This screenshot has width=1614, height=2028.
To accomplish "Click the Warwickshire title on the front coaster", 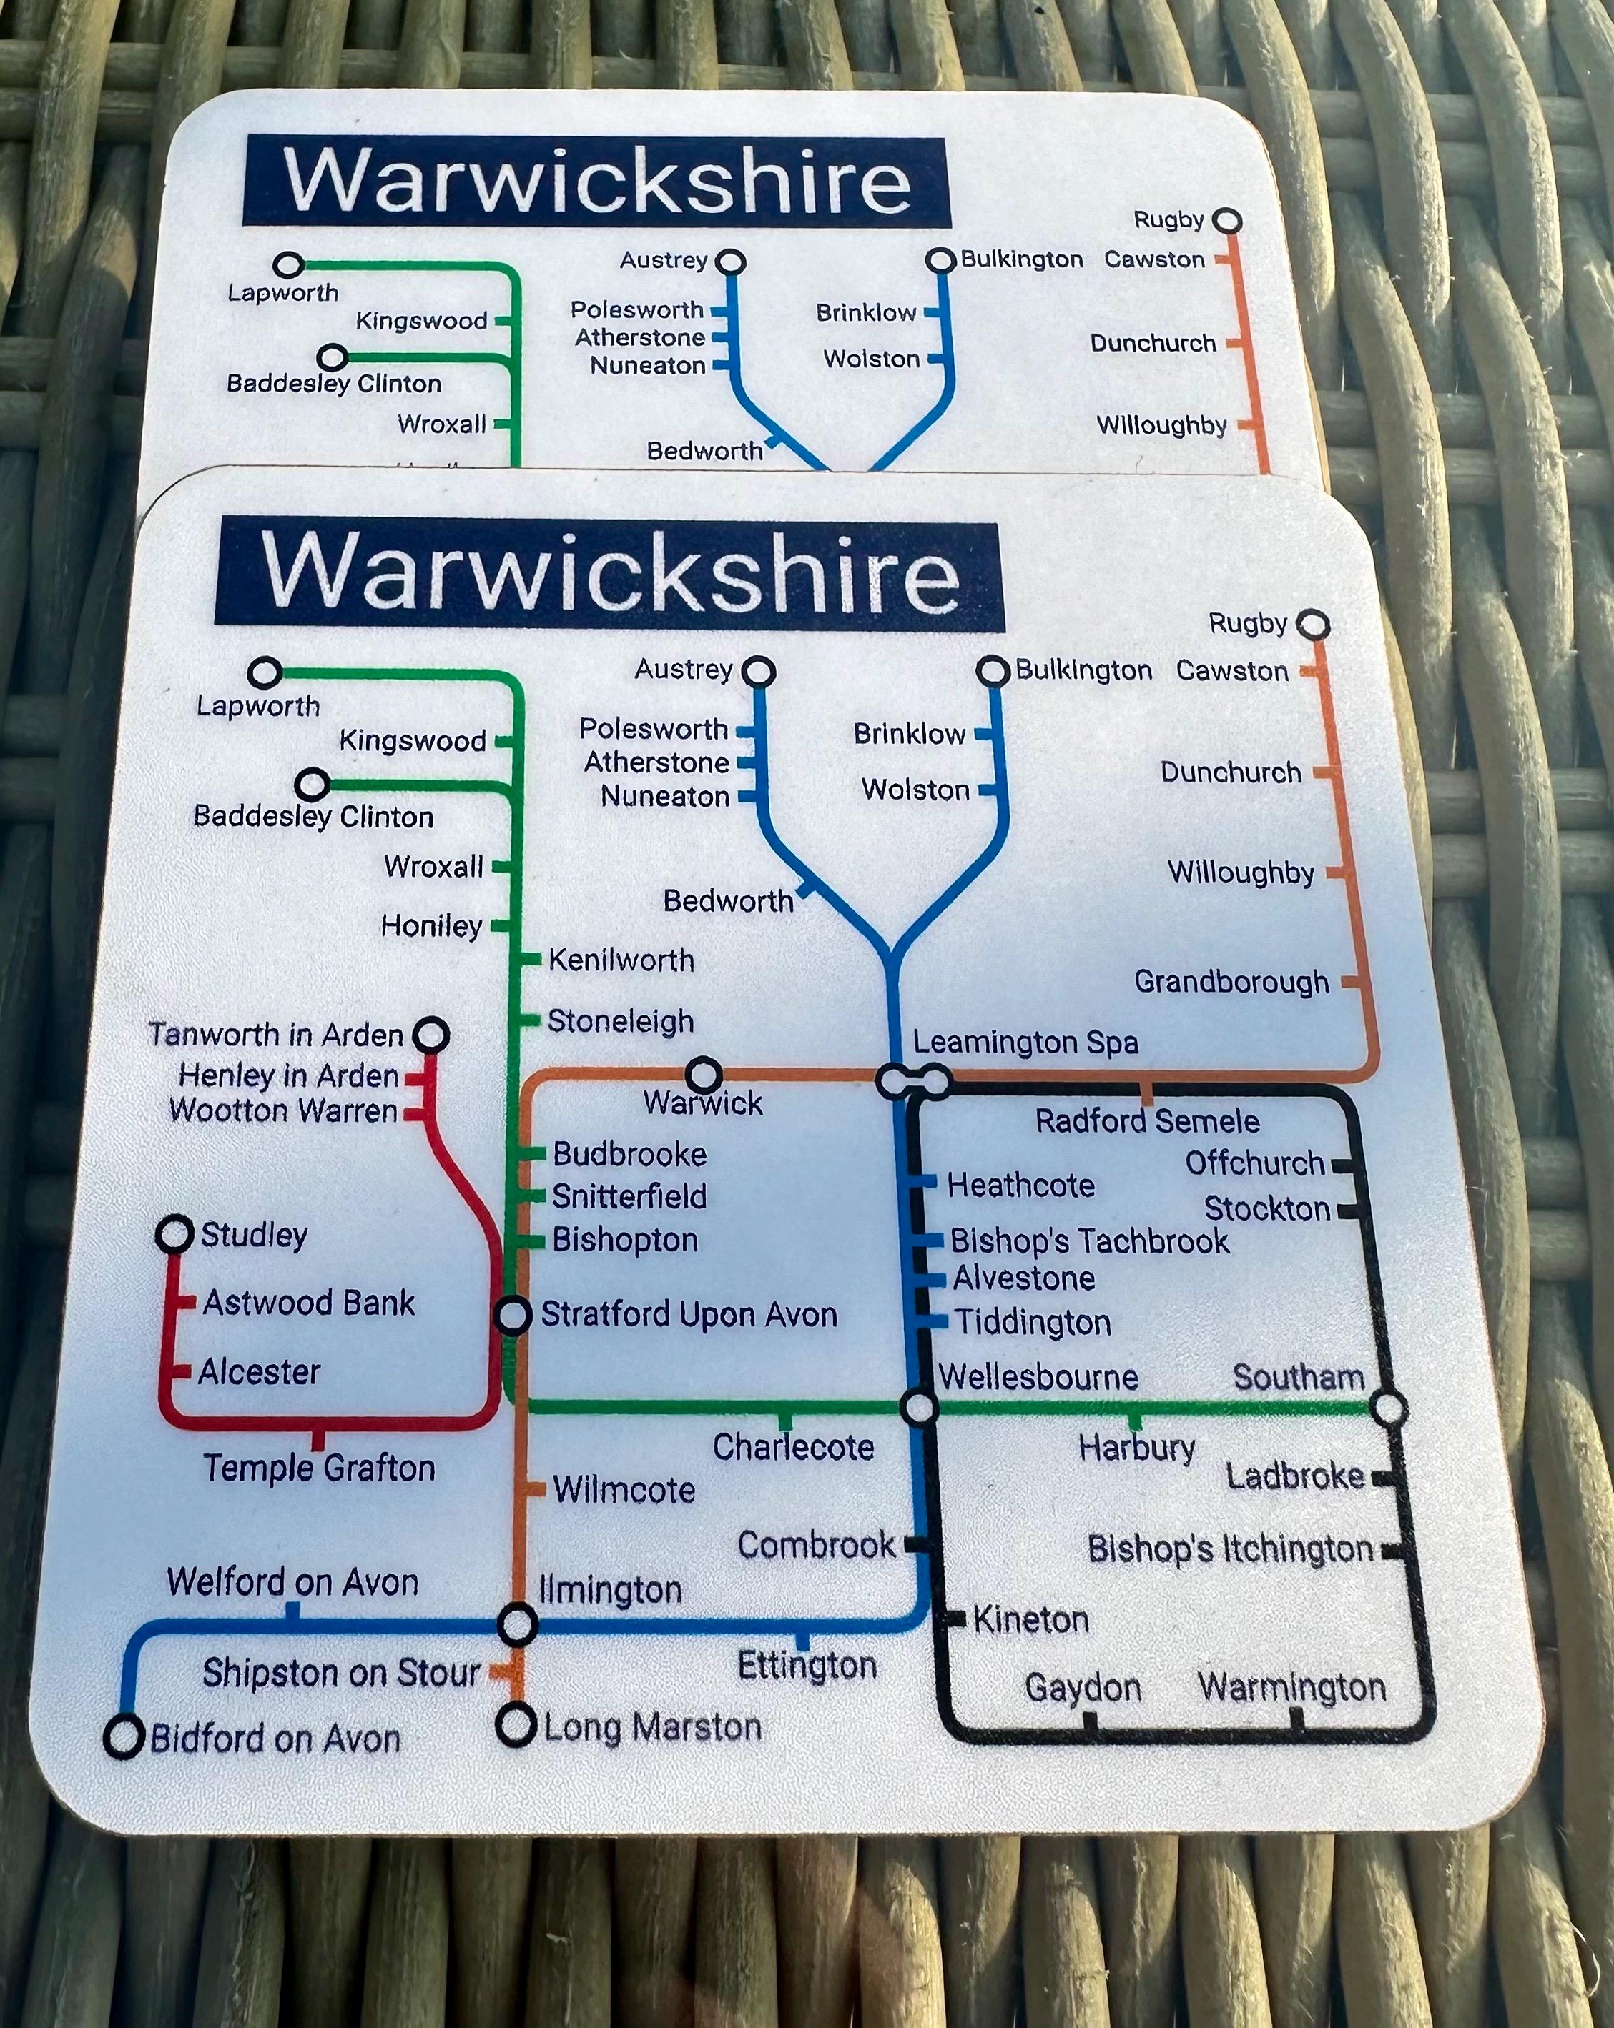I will coord(610,574).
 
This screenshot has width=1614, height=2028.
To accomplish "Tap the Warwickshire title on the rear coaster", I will coord(596,181).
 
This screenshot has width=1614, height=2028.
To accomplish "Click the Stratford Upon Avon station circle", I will coord(513,1315).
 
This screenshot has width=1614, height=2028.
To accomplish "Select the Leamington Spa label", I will coord(1025,1042).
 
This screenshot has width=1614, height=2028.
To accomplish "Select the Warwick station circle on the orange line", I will coord(704,1073).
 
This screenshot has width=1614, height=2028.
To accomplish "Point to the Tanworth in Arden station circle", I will coord(431,1035).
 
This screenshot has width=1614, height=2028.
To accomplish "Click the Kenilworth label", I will coord(621,960).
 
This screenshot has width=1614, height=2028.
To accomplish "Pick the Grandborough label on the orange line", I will coord(1231,982).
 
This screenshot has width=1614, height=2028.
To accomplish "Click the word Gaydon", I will coord(1082,1687).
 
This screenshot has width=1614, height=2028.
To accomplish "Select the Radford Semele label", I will coord(1146,1121).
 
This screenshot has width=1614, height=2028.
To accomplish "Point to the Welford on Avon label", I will coord(292,1582).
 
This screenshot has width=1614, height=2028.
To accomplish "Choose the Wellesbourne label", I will coord(1038,1377).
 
